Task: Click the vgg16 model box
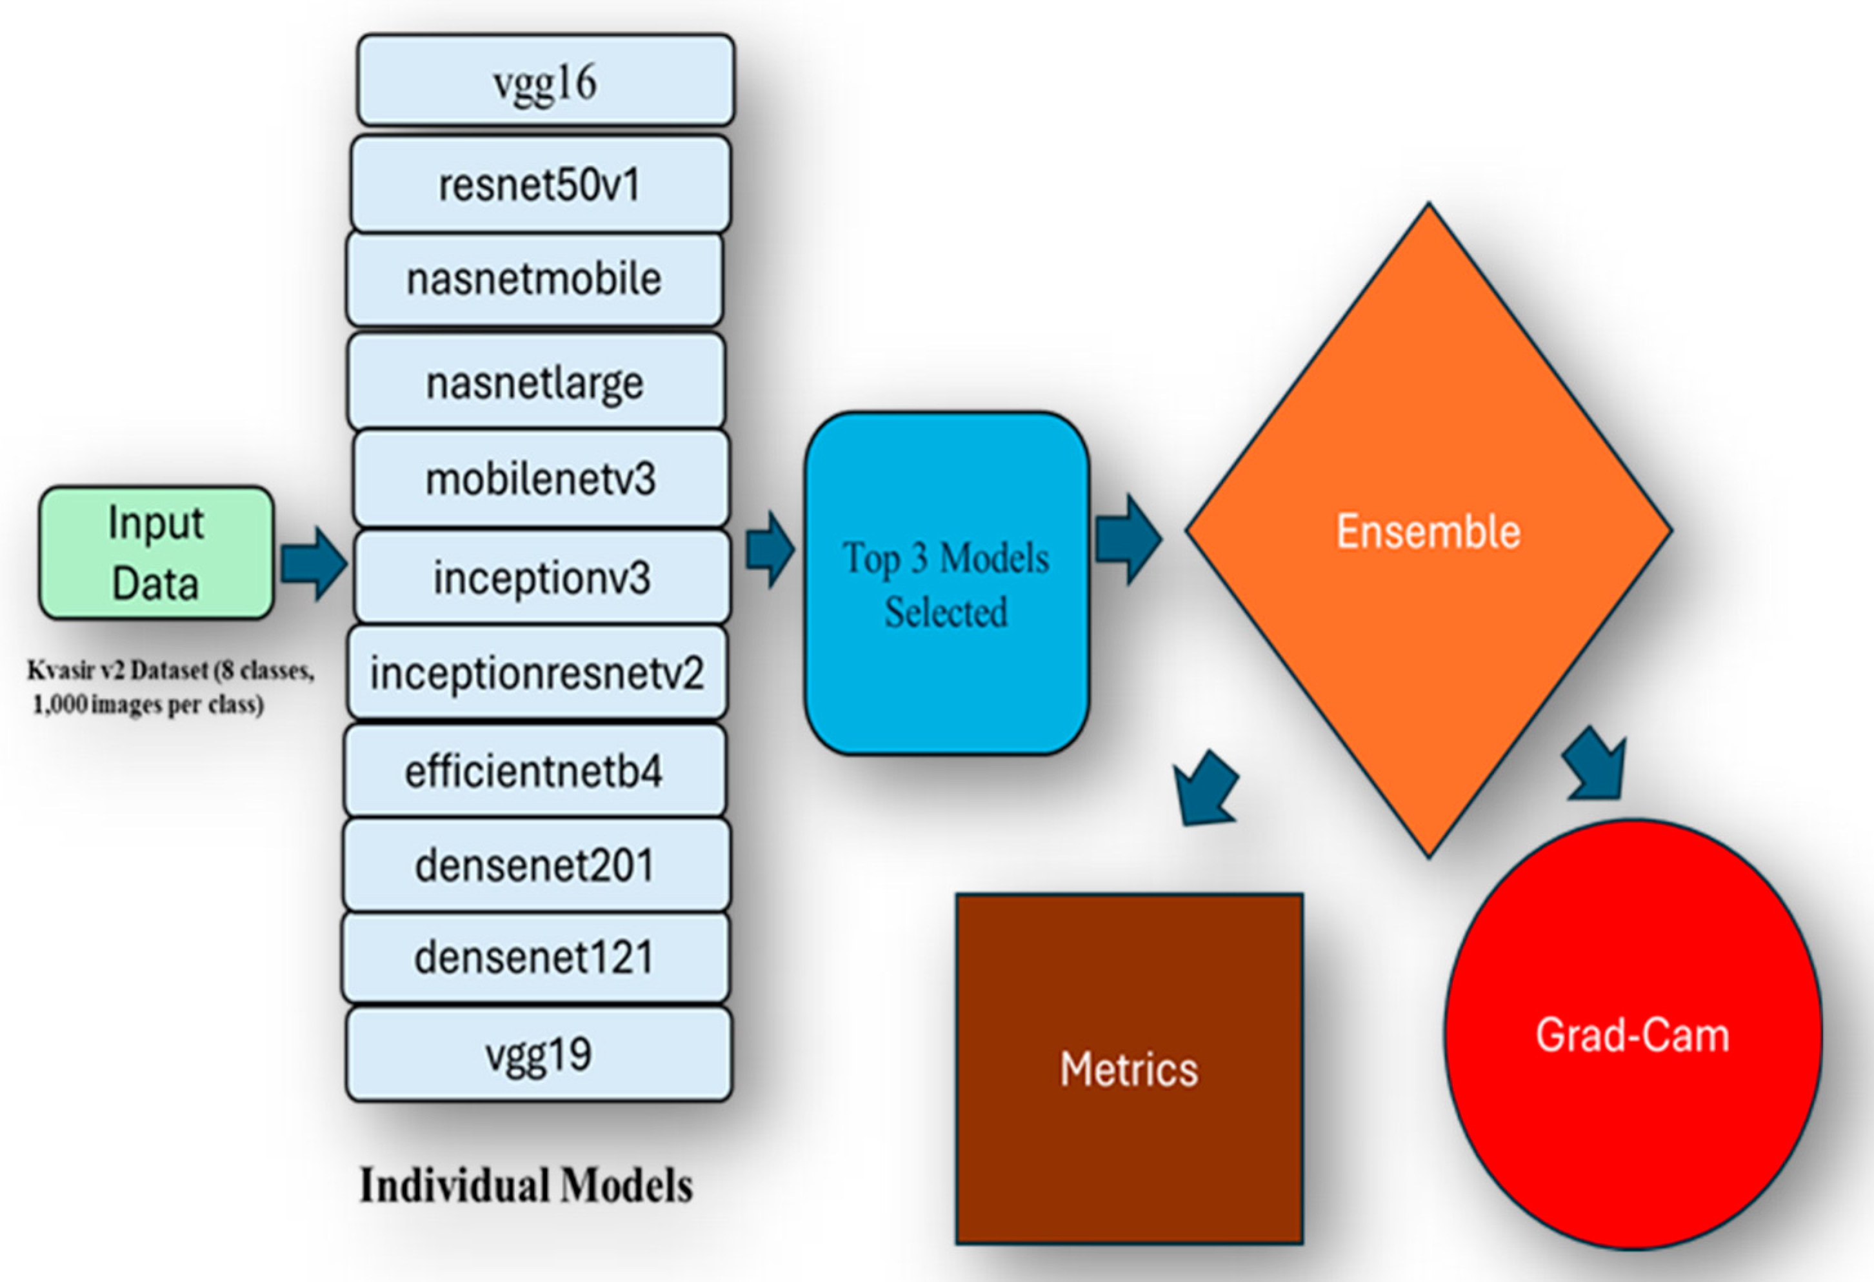[x=545, y=81]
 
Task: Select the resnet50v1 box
[x=541, y=184]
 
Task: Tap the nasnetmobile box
[x=534, y=279]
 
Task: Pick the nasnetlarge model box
[x=535, y=381]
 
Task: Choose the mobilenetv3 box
[x=541, y=479]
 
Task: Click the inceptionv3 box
[x=542, y=577]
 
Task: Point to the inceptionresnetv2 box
[x=537, y=672]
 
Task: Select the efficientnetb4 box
[x=534, y=771]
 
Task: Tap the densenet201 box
[x=535, y=865]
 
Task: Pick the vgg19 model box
[x=539, y=1054]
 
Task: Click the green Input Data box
[x=155, y=553]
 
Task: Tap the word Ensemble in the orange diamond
[x=1428, y=532]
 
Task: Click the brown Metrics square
[x=1129, y=1069]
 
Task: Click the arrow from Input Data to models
[x=314, y=564]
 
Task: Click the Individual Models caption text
[x=526, y=1185]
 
